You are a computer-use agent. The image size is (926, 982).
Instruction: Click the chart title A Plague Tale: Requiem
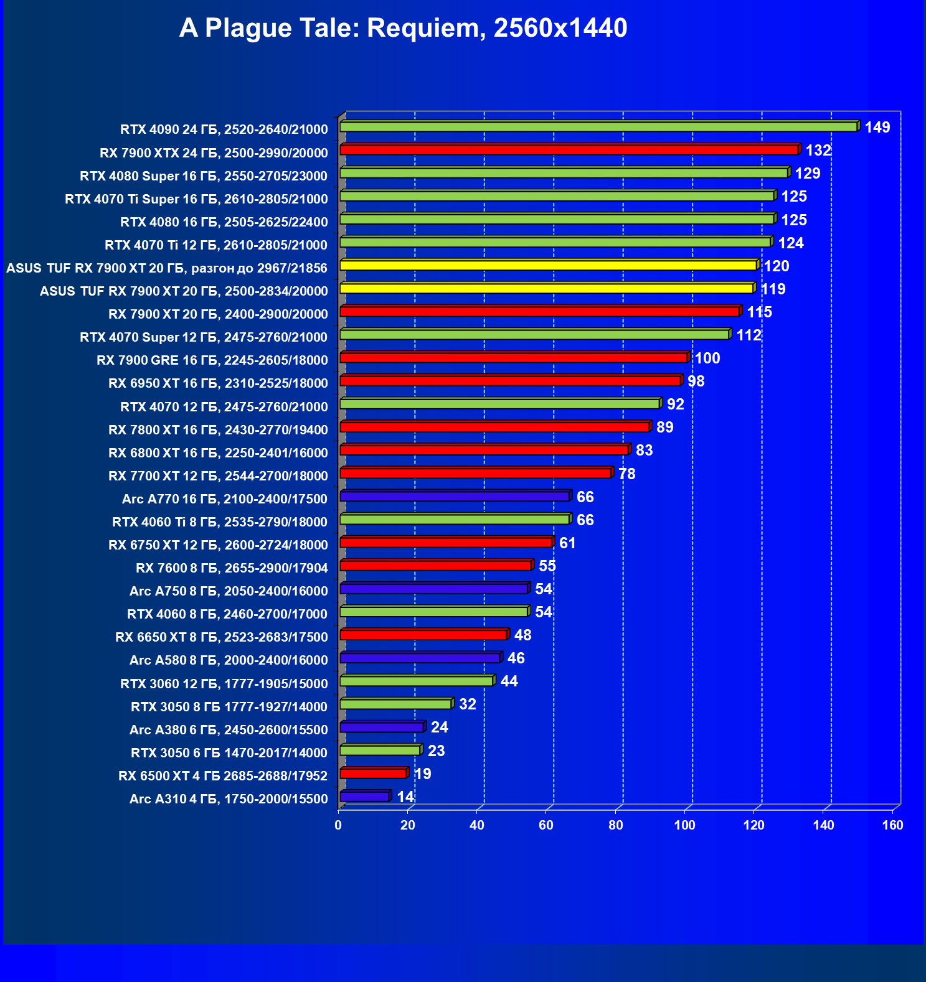(403, 28)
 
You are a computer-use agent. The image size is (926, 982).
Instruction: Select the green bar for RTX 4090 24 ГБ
(598, 127)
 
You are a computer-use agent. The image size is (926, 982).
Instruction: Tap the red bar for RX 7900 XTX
(569, 150)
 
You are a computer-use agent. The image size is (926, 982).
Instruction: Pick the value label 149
(877, 128)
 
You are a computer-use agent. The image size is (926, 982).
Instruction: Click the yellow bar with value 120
(548, 266)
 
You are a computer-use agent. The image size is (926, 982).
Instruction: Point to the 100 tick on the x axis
(685, 825)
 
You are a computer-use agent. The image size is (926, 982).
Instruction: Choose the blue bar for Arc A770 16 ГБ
(455, 497)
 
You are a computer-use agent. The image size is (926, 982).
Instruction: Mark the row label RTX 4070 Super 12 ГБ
(204, 337)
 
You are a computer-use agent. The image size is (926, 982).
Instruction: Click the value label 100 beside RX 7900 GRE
(707, 358)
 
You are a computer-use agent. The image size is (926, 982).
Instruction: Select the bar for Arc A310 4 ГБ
(364, 797)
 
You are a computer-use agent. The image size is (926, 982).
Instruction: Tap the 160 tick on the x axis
(893, 825)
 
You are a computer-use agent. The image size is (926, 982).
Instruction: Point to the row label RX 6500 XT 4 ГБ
(223, 776)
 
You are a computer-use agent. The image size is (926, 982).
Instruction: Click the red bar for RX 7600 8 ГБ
(435, 566)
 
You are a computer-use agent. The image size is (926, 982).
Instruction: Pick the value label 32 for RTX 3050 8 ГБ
(468, 704)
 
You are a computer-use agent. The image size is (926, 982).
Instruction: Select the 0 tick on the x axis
(338, 825)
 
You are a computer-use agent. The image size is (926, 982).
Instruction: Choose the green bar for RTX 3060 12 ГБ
(417, 681)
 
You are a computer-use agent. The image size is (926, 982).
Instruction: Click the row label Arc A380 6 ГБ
(229, 730)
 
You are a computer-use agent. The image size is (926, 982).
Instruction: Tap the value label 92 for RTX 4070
(676, 404)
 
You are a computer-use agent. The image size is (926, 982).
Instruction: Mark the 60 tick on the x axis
(546, 825)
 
